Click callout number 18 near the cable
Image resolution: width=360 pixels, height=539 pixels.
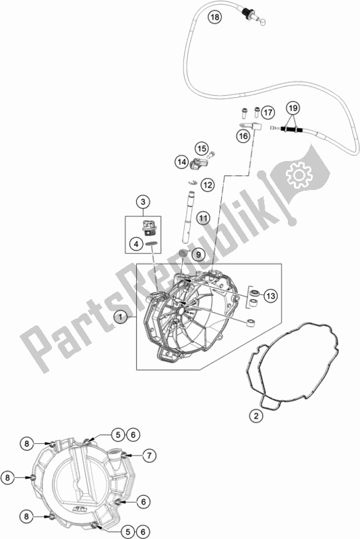coord(214,17)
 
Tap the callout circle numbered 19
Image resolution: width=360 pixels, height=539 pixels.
coord(293,108)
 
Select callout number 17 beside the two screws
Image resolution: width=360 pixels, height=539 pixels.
coord(268,112)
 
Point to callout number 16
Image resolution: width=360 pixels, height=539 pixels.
coord(243,136)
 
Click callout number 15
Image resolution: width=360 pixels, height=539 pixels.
coord(202,148)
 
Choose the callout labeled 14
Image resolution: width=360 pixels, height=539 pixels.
coord(181,162)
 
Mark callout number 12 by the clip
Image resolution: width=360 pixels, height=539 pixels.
coord(207,185)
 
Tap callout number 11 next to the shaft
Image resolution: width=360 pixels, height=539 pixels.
coord(203,218)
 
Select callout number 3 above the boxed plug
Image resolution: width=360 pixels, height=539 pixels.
coord(143,201)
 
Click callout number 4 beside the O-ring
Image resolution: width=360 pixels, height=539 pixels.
coord(136,245)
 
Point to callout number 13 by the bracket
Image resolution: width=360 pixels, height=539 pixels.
coord(271,296)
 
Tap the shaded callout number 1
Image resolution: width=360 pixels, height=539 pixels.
coord(121,316)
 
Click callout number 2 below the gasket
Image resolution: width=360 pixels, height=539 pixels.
coord(256,416)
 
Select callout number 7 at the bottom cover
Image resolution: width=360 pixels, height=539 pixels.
coord(149,456)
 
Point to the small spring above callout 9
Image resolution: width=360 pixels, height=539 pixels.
coord(184,254)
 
